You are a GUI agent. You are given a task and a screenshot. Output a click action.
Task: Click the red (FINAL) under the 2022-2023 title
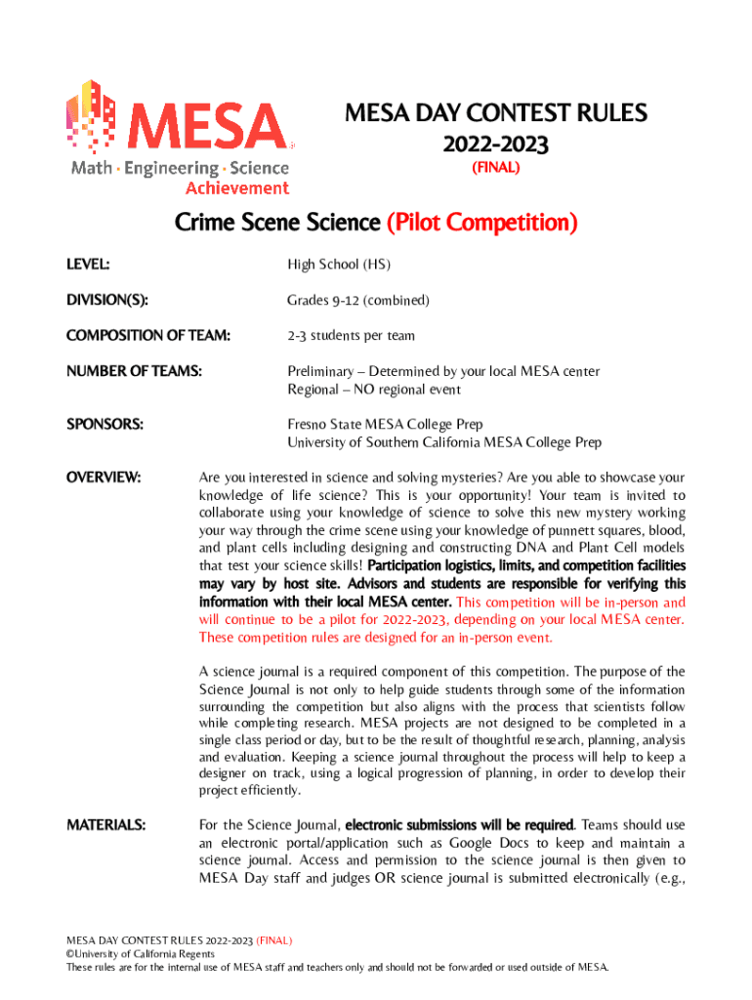click(x=495, y=168)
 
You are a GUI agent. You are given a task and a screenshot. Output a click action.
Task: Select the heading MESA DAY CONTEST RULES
click(x=495, y=114)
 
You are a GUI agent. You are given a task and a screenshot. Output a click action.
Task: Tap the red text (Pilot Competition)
click(x=482, y=224)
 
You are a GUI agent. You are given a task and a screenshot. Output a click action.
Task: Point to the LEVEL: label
click(x=88, y=264)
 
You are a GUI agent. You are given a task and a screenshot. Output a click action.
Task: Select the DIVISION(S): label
click(x=106, y=300)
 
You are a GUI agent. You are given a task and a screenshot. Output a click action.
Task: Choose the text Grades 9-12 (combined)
click(x=357, y=300)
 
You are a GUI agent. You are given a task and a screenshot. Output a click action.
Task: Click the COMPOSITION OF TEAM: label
click(x=148, y=336)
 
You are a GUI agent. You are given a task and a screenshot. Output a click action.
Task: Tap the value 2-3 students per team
click(x=351, y=336)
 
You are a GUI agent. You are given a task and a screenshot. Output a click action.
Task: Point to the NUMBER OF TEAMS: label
click(x=134, y=371)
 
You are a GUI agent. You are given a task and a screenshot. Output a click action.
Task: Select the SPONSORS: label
click(x=104, y=425)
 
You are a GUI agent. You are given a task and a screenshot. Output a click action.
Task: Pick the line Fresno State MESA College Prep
click(x=385, y=425)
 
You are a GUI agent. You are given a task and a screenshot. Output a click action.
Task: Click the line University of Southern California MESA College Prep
click(x=443, y=442)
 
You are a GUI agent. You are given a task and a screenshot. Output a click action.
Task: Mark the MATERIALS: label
click(x=106, y=825)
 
